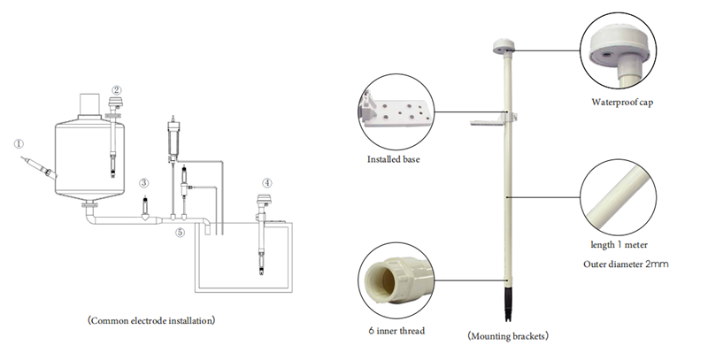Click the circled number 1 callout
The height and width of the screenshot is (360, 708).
pos(19,144)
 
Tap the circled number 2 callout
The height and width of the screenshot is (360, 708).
pos(117,90)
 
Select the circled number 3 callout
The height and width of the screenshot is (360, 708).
pos(143,183)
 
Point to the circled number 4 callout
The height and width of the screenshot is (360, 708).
pos(267,183)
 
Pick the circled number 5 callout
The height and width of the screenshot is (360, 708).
pos(181,233)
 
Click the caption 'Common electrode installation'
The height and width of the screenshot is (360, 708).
pos(151,321)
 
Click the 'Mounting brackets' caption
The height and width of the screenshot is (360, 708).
pos(508,336)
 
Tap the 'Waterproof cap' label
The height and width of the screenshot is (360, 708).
pos(622,102)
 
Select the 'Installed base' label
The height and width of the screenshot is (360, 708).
pos(393,159)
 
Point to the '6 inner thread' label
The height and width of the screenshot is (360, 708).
pos(396,331)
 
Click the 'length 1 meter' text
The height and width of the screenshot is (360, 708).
pos(619,245)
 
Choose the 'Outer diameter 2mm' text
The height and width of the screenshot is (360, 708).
pos(626,264)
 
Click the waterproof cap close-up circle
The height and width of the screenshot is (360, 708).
pos(618,50)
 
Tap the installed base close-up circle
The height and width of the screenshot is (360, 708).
pos(396,111)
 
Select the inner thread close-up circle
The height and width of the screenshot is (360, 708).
pos(396,280)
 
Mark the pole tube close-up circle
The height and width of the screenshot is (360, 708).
pos(618,197)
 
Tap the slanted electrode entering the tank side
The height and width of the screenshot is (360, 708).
pos(39,167)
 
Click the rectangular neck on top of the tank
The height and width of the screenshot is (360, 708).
pos(89,104)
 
